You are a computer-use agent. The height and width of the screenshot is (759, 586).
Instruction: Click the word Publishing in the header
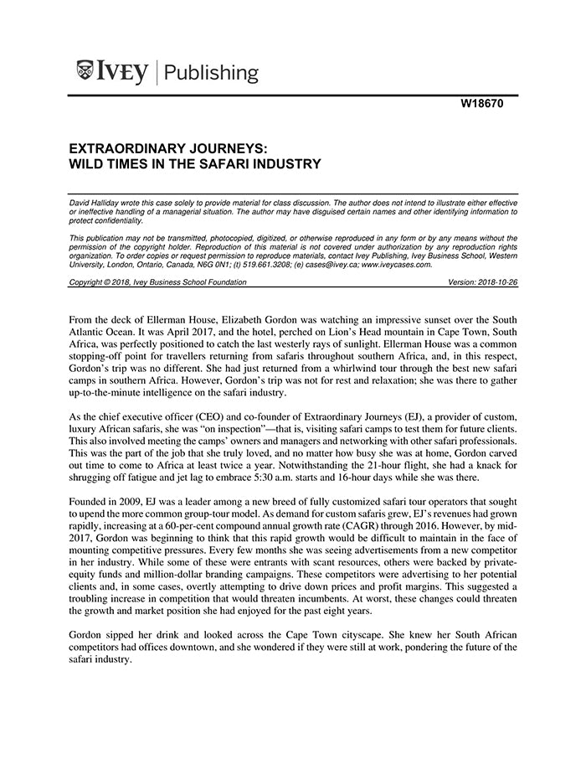[213, 73]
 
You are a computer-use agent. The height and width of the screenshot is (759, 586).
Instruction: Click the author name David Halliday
[97, 203]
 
